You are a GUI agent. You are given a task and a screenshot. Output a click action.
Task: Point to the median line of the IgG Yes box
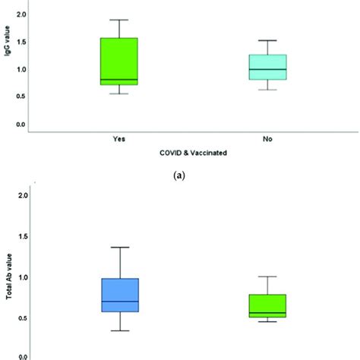118,79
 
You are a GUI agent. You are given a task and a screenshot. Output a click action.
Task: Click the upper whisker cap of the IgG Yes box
118,20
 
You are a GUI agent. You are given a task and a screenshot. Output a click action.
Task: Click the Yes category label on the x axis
118,139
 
